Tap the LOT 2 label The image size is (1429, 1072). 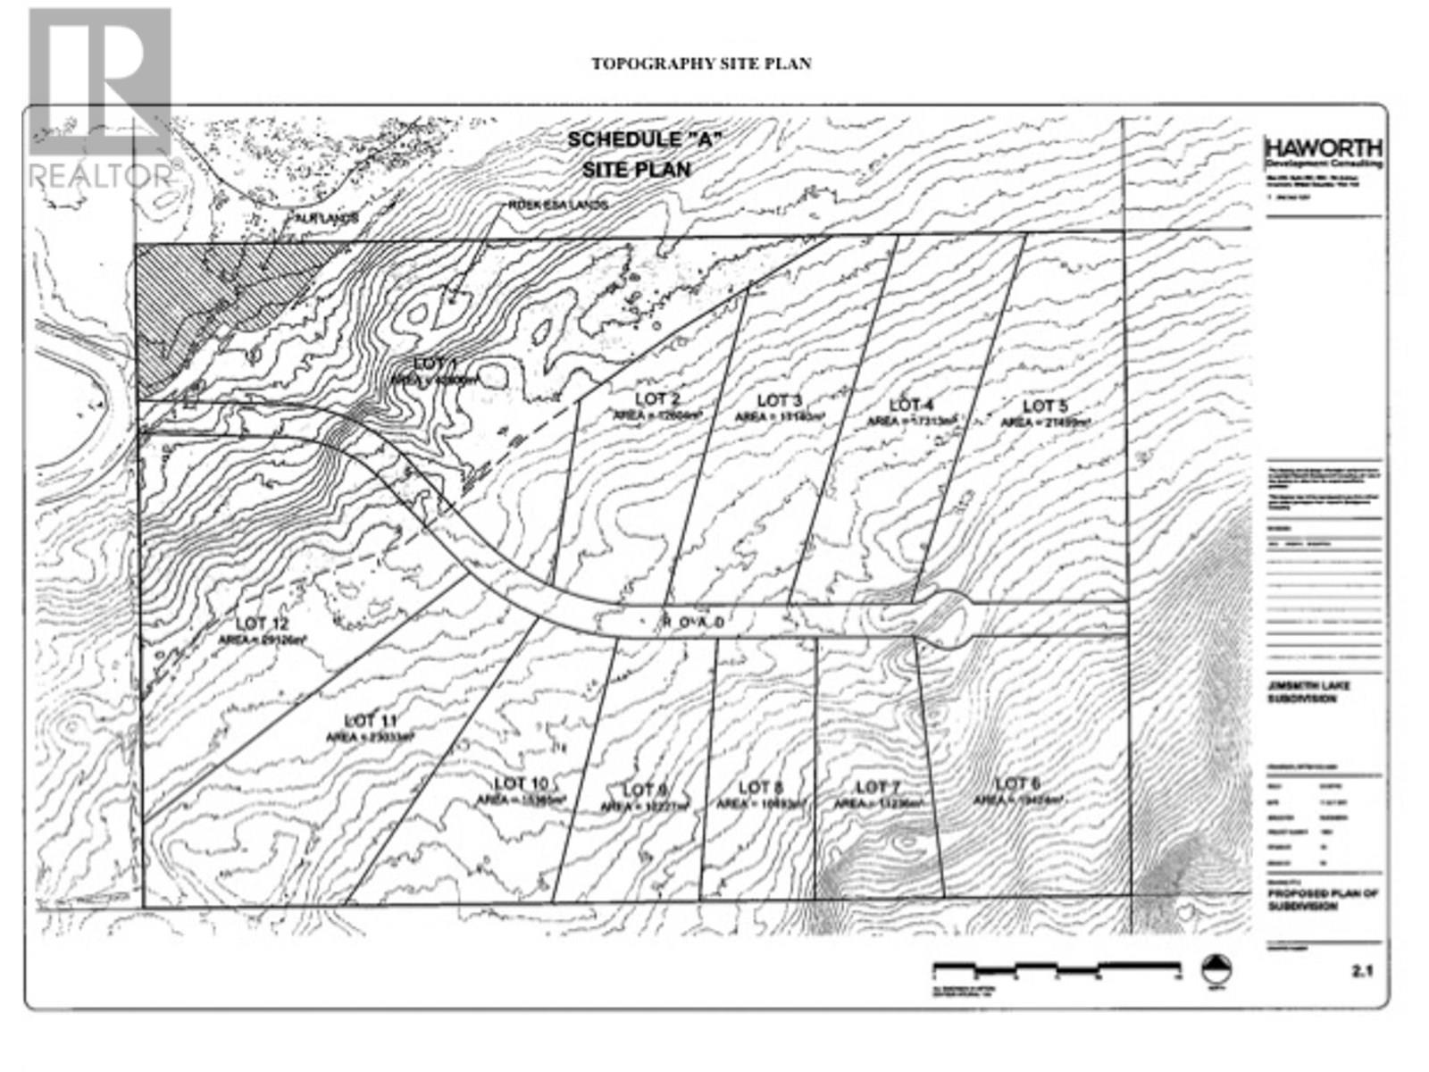(x=658, y=398)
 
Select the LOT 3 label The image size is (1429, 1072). (x=780, y=401)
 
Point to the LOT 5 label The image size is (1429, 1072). (x=1045, y=406)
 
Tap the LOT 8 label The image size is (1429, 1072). (x=761, y=787)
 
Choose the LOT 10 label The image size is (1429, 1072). (x=522, y=783)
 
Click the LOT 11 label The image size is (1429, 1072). (x=370, y=720)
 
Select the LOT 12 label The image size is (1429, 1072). (x=263, y=624)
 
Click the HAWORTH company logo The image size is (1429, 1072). (x=1324, y=148)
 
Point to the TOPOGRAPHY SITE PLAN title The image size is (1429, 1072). (x=701, y=63)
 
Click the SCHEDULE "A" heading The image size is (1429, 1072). (x=644, y=139)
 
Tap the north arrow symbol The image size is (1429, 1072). (x=1216, y=969)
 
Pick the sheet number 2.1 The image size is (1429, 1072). (x=1362, y=970)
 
